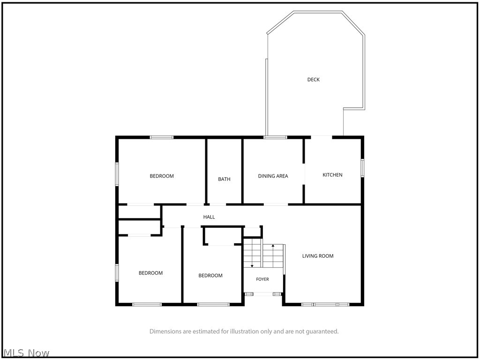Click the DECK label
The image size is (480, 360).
tap(313, 80)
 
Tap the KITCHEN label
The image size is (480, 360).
tap(332, 175)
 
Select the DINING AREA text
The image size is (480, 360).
tap(273, 176)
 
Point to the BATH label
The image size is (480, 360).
tap(224, 179)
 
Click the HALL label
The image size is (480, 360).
tap(209, 217)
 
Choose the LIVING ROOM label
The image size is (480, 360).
tap(318, 256)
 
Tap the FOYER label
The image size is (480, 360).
tap(262, 279)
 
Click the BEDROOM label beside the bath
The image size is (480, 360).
tap(162, 176)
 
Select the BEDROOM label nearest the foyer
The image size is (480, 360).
tap(210, 276)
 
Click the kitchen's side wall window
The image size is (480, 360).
tap(362, 168)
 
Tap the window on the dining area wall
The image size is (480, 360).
tap(275, 137)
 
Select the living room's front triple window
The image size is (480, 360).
tap(325, 304)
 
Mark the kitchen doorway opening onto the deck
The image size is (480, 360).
tap(322, 137)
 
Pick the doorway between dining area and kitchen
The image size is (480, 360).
tap(304, 174)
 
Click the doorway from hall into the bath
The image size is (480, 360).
tap(217, 204)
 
